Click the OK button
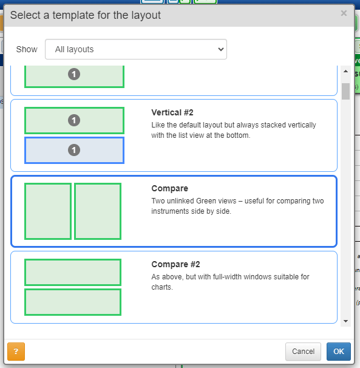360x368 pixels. click(339, 352)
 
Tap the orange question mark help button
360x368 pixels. click(16, 352)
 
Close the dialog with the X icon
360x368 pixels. click(344, 13)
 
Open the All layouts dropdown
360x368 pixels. click(136, 49)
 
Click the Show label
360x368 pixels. click(27, 49)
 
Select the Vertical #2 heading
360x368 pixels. click(172, 112)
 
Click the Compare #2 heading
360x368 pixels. click(175, 264)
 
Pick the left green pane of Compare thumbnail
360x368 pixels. click(48, 211)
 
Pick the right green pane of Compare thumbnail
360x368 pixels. click(98, 211)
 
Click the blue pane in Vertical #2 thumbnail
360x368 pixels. click(74, 150)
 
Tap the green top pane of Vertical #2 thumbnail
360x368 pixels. click(74, 120)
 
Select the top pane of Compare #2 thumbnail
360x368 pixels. click(73, 272)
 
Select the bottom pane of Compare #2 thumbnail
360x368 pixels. click(73, 302)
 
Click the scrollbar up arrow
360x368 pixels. click(345, 71)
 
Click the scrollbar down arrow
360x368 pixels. click(345, 321)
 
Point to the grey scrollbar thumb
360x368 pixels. click(345, 91)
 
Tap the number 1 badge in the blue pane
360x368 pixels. click(74, 150)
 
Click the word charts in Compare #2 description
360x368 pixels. click(162, 287)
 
